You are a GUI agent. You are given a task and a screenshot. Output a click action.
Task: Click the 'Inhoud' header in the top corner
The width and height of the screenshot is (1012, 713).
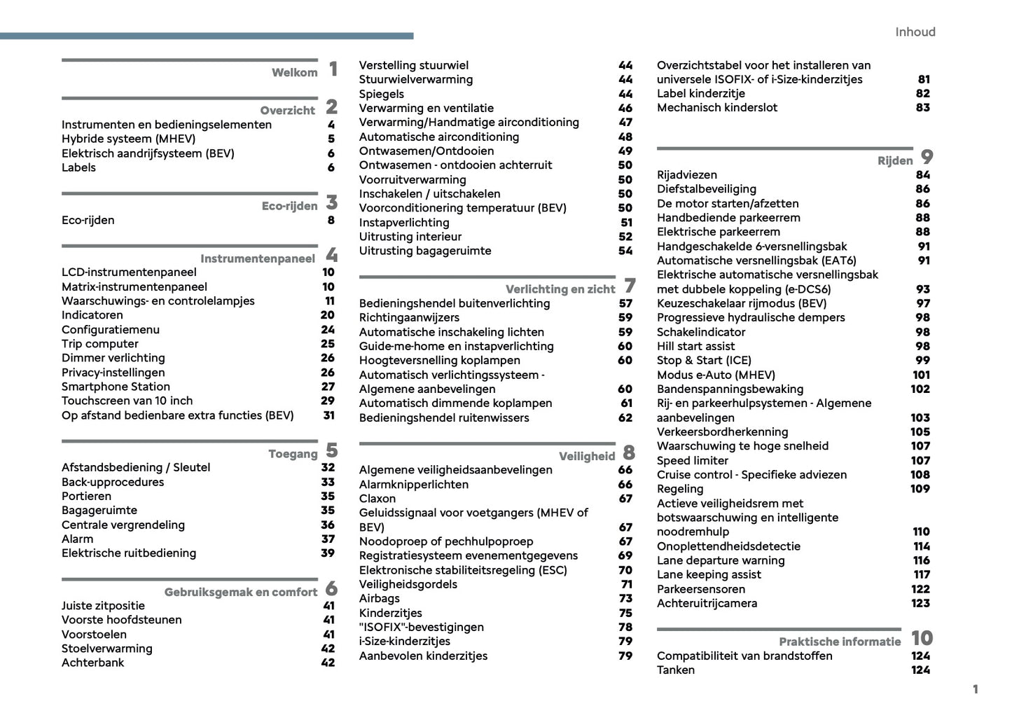(x=915, y=32)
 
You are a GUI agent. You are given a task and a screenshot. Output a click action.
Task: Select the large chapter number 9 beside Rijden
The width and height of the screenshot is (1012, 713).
(x=927, y=157)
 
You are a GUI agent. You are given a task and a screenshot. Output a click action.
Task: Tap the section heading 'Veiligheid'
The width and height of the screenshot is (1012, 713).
(x=587, y=457)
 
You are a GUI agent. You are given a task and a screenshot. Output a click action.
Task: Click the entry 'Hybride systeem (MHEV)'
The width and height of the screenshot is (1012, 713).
(x=128, y=139)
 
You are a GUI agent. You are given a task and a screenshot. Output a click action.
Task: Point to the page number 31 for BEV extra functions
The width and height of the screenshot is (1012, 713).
(x=328, y=415)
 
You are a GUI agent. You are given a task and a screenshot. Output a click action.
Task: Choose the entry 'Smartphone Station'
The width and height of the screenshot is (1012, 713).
(x=116, y=387)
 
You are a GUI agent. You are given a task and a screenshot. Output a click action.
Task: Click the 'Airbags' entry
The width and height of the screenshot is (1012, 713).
(x=379, y=598)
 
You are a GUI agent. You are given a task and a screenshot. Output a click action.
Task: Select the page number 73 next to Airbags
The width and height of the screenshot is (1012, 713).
(x=625, y=598)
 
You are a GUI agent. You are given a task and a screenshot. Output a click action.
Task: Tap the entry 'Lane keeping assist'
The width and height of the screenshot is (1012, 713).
(x=709, y=574)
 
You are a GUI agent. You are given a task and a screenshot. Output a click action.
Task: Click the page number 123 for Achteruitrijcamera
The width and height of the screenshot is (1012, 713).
(x=920, y=603)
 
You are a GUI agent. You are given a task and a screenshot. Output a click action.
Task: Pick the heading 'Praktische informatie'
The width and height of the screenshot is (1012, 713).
(x=840, y=642)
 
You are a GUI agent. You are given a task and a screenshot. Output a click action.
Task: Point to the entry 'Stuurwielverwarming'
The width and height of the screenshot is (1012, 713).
(x=415, y=79)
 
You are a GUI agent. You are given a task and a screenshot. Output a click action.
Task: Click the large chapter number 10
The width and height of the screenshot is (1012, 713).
(x=922, y=638)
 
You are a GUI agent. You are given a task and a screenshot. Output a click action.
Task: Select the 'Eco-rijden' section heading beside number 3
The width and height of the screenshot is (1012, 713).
(x=289, y=206)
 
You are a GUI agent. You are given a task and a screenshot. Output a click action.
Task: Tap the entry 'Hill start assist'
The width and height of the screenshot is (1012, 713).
(x=695, y=346)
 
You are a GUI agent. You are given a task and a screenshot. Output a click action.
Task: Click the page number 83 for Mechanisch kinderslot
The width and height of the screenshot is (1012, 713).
(x=923, y=107)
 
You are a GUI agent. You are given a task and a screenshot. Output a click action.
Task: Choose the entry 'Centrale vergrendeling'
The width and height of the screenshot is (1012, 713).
(x=123, y=525)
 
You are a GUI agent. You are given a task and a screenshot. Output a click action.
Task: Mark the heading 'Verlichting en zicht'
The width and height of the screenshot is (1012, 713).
(x=560, y=289)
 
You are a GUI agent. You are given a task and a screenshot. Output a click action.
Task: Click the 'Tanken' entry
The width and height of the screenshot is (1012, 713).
(x=676, y=670)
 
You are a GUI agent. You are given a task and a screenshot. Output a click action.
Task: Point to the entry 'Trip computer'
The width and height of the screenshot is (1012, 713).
(x=99, y=343)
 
